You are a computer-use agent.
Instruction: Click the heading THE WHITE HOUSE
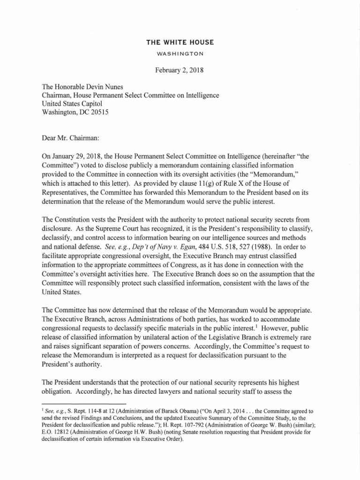coord(180,43)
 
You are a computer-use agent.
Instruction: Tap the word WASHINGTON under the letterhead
coord(180,53)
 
